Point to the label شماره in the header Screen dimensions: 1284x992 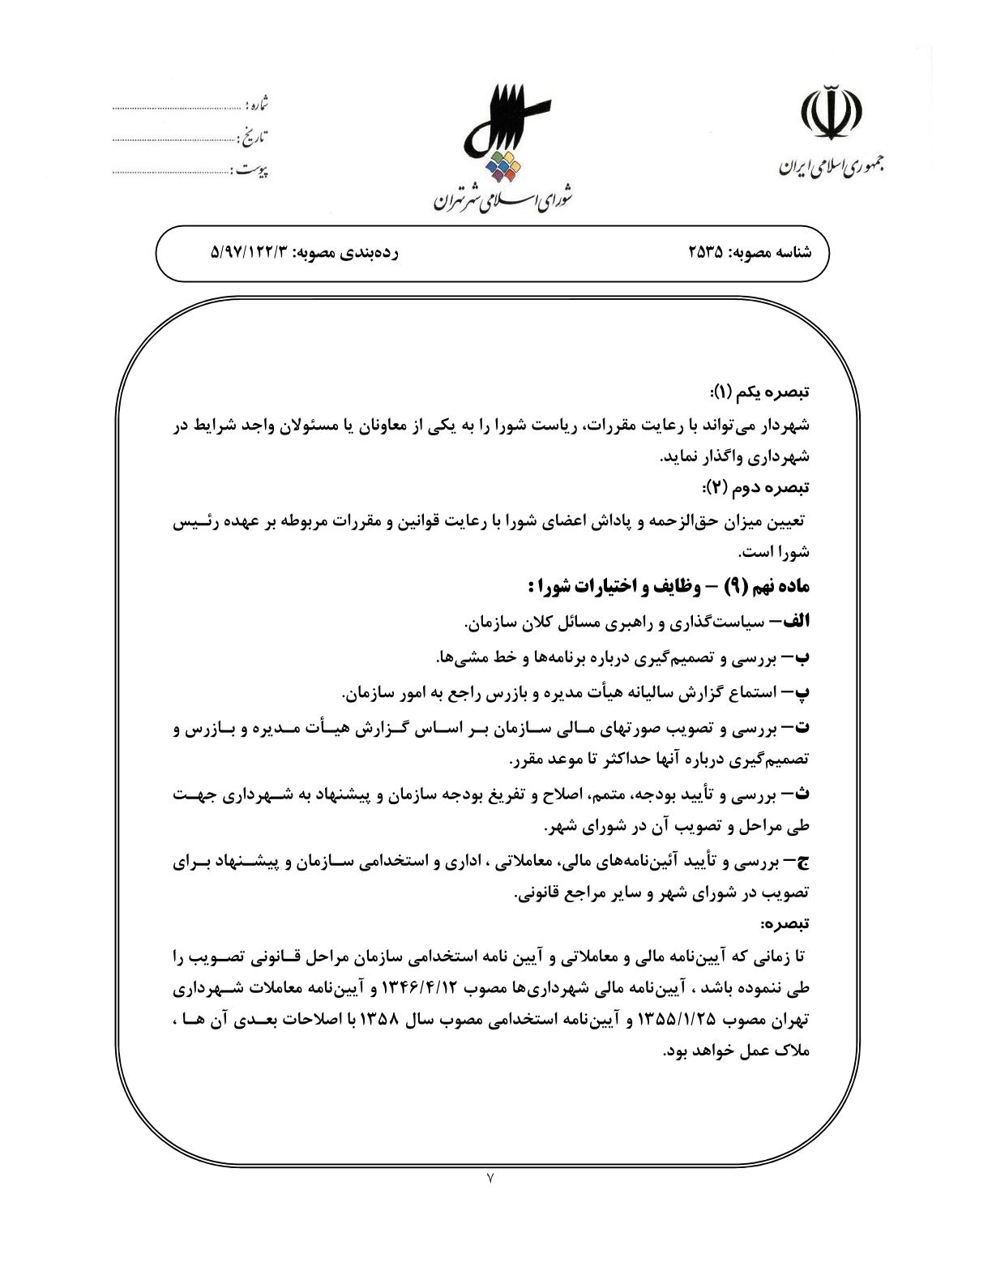(x=256, y=105)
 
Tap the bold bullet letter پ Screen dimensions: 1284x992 (x=801, y=693)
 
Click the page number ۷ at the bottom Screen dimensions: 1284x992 (x=491, y=1179)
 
